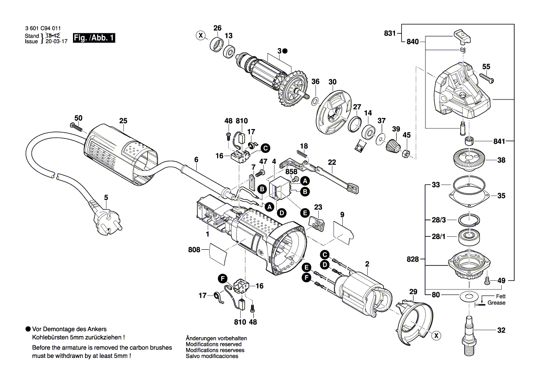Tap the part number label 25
coord(122,121)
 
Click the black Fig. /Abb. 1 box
coord(94,38)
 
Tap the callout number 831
coord(390,33)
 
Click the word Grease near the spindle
coord(497,303)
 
